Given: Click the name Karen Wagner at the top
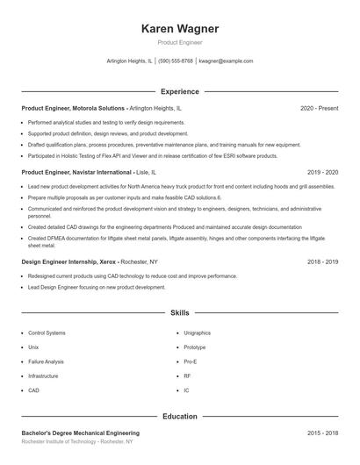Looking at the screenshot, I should tap(179, 28).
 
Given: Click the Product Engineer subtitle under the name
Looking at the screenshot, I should tap(179, 42).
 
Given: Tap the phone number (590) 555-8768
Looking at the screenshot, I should tap(175, 61).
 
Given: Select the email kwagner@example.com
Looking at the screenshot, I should tap(226, 61).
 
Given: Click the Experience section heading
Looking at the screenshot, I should tap(179, 91).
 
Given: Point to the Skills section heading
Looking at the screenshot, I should tap(179, 312).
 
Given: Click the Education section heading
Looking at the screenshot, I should tap(179, 416).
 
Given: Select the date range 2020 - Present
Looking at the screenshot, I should tap(319, 108).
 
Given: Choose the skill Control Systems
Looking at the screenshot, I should tap(47, 333).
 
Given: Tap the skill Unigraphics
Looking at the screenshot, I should tap(197, 333).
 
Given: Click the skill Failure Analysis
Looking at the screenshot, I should tap(46, 361).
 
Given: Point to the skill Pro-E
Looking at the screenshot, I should tap(191, 361).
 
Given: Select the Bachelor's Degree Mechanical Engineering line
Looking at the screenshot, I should tap(80, 433).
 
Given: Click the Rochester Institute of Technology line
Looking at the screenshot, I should tap(77, 442).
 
